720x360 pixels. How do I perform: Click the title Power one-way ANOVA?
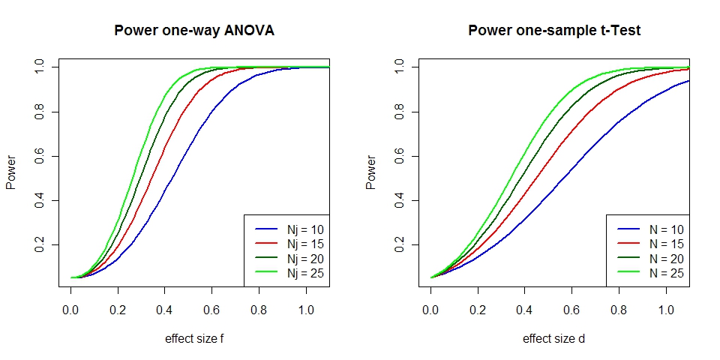point(193,31)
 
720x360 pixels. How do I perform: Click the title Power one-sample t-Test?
point(554,31)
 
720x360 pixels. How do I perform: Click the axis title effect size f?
point(194,338)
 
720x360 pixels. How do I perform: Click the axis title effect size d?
point(554,338)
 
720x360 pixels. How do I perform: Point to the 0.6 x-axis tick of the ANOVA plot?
point(212,309)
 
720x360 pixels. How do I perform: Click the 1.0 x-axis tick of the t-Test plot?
point(666,309)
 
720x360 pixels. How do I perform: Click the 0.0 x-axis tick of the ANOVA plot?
point(70,309)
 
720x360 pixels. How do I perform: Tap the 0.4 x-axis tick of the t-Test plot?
point(525,309)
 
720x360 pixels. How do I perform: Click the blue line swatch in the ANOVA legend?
point(266,229)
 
